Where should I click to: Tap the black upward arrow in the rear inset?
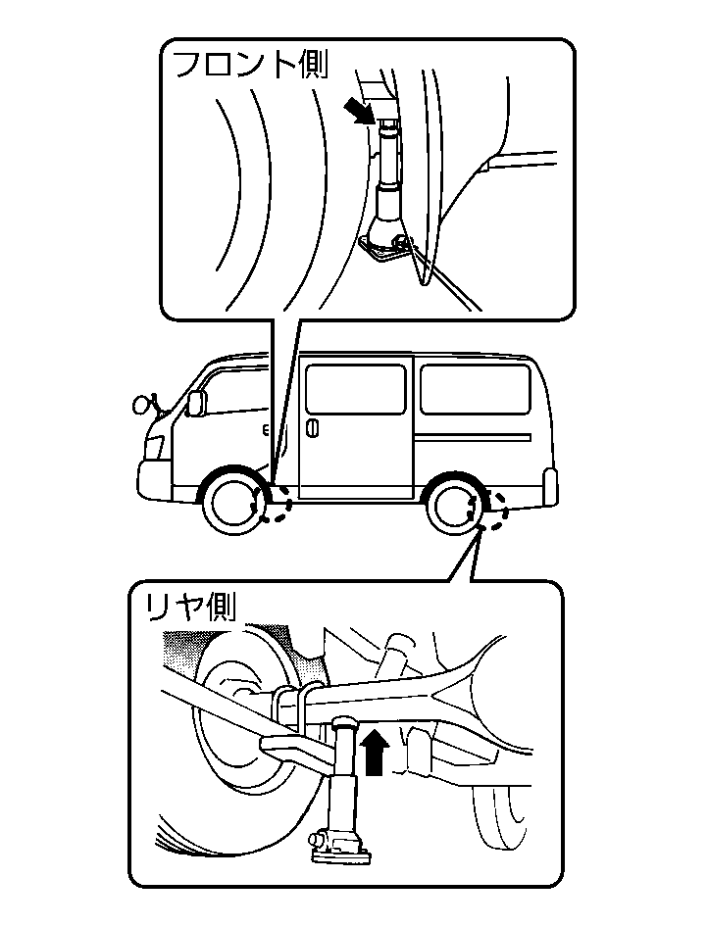point(374,754)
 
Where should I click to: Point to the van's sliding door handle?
point(311,428)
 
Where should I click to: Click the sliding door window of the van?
point(354,389)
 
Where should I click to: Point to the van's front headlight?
point(154,446)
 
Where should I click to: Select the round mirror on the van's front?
point(140,402)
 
